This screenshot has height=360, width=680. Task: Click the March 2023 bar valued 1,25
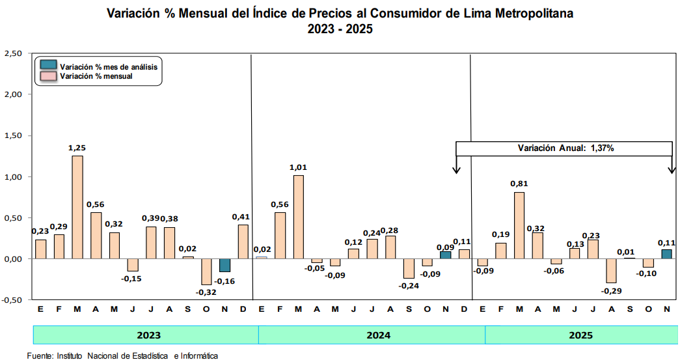click(77, 207)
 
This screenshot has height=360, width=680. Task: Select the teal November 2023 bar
click(224, 265)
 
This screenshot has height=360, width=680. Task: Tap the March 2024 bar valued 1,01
click(298, 217)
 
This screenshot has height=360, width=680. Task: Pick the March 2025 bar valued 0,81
click(519, 225)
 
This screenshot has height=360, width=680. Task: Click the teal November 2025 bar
click(666, 254)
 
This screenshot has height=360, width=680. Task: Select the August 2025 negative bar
click(611, 270)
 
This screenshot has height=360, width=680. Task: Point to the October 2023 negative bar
click(206, 271)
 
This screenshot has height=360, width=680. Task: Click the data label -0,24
click(409, 286)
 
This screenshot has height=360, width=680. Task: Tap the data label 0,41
click(243, 217)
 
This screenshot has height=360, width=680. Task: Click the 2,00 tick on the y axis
click(13, 94)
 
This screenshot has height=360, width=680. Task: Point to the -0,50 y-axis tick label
click(12, 300)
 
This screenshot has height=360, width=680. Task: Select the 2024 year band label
click(378, 335)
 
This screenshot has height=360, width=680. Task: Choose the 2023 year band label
click(149, 335)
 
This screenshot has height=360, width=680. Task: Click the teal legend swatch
click(48, 66)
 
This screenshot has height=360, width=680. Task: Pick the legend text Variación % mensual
click(96, 76)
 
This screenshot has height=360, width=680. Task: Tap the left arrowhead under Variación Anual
click(456, 170)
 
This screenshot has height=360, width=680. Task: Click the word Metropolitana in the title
click(524, 13)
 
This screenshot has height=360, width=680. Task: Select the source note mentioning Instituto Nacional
click(122, 355)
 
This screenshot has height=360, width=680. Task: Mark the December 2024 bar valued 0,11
click(464, 254)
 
